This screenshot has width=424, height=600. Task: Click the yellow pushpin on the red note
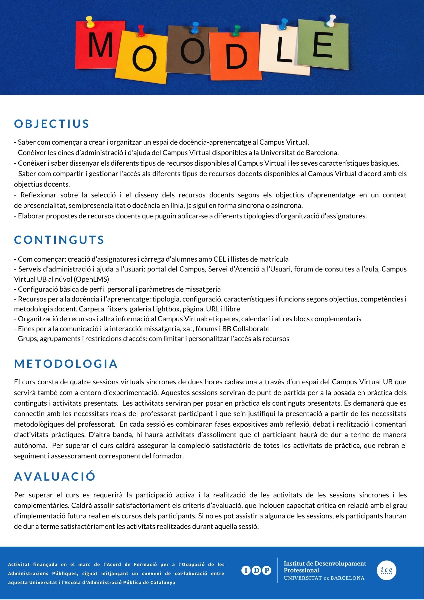coord(90,22)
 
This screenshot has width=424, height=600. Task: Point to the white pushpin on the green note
coord(331,20)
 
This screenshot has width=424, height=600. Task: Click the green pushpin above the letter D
coord(237,30)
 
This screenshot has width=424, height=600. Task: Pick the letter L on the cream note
coord(283,50)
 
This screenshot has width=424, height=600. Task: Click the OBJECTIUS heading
coord(52,124)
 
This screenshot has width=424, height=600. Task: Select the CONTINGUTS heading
coord(59,240)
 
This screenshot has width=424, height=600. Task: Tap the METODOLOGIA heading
coord(66,364)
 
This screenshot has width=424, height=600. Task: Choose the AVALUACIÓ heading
coord(55,476)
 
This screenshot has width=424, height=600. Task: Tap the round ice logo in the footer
coord(387,570)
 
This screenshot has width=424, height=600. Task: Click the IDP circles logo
coord(256,570)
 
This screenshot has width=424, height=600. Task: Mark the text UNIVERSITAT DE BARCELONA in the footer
coord(324,578)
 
